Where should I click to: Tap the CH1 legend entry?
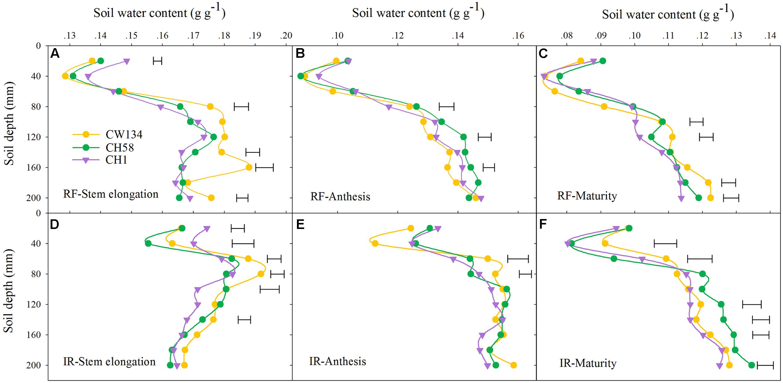116,160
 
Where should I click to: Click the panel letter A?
55,54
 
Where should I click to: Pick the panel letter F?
543,224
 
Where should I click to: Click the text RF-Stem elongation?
111,194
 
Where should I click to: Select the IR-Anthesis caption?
338,361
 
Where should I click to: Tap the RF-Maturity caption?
587,196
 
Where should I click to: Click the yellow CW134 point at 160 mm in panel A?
249,167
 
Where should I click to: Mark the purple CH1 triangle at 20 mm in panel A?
127,61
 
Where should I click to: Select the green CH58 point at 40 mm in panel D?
148,244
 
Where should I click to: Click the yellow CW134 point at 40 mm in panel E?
375,244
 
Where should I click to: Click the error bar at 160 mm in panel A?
264,167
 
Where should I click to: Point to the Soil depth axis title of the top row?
9,123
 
